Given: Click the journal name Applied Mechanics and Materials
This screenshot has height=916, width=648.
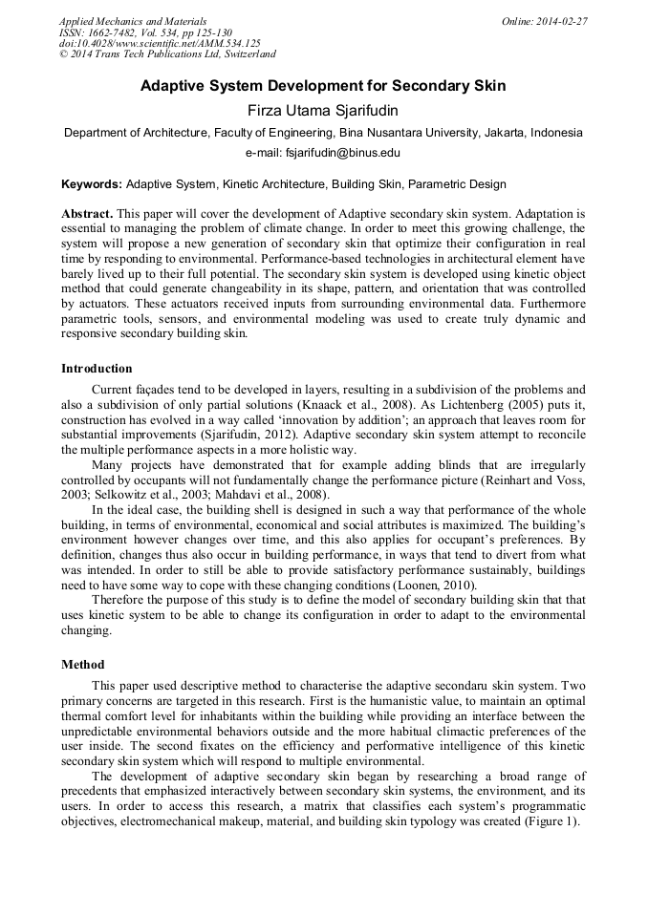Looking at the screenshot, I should (x=132, y=21).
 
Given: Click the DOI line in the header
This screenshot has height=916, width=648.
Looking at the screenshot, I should (x=160, y=44).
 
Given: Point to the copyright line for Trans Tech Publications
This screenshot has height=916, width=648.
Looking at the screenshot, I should (x=167, y=55).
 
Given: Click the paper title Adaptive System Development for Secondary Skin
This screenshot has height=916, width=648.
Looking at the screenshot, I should (x=323, y=86).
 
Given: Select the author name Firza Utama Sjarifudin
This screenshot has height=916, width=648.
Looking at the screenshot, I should (x=323, y=111).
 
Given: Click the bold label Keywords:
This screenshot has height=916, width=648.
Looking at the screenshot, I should (x=92, y=183).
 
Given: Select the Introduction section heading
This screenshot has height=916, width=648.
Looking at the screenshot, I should (x=97, y=368).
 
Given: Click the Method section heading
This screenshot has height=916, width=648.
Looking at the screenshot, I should (x=82, y=664).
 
